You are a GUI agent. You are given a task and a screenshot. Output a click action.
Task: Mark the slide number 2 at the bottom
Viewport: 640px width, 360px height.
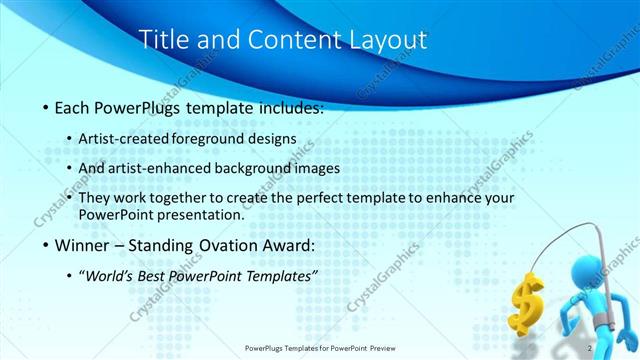tap(593, 348)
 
